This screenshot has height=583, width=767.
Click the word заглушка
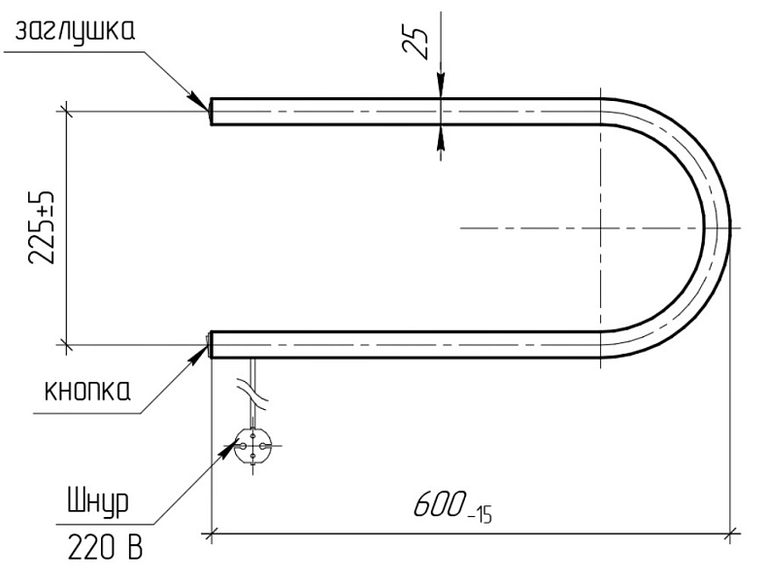click(75, 32)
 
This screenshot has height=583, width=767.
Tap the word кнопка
click(88, 391)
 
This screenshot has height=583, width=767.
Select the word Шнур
click(98, 502)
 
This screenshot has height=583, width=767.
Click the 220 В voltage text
click(105, 546)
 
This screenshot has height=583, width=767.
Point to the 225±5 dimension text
click(42, 227)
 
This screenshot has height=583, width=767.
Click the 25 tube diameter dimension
click(415, 43)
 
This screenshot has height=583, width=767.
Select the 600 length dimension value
click(438, 503)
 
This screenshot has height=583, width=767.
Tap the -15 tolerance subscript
click(480, 516)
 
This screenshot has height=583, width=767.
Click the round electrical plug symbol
click(252, 446)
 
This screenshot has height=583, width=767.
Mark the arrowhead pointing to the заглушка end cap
click(200, 101)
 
